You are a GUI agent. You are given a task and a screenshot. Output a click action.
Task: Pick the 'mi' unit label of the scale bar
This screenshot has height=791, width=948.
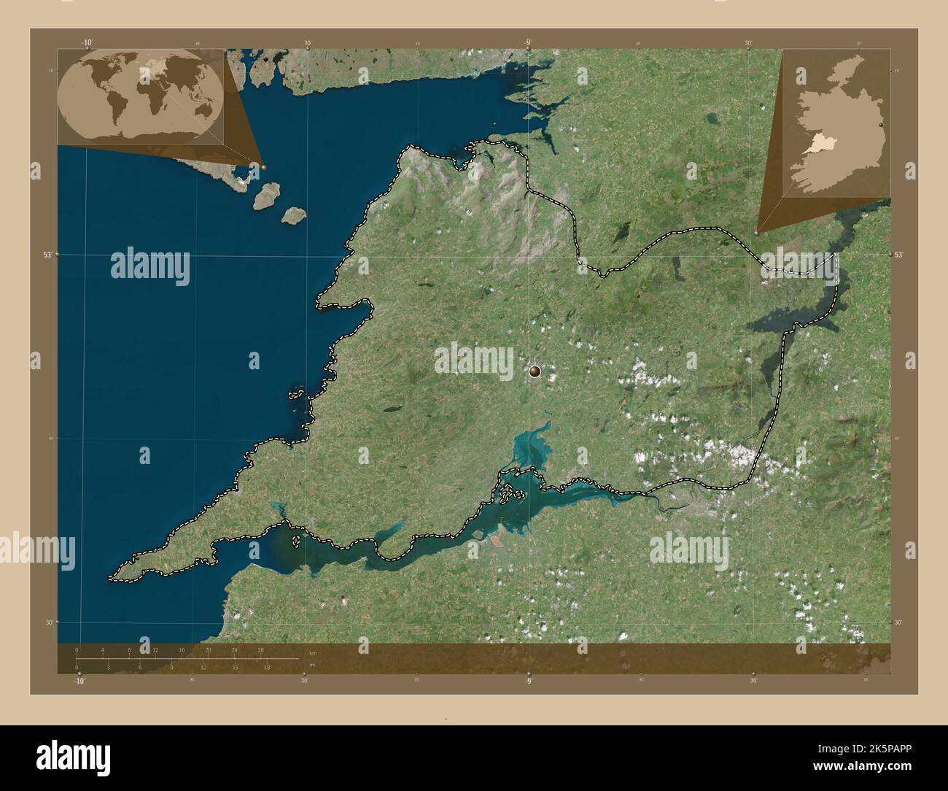[312, 665]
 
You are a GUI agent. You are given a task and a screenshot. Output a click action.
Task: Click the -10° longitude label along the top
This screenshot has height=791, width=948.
[88, 43]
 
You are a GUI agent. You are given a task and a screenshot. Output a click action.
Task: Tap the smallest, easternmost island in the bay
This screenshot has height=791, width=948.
[294, 215]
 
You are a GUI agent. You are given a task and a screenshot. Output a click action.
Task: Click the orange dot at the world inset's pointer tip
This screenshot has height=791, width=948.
[264, 167]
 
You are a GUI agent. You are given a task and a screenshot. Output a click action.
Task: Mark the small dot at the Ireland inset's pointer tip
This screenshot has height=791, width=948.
[756, 234]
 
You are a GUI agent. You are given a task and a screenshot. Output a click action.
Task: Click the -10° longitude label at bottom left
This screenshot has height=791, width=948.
[79, 682]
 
